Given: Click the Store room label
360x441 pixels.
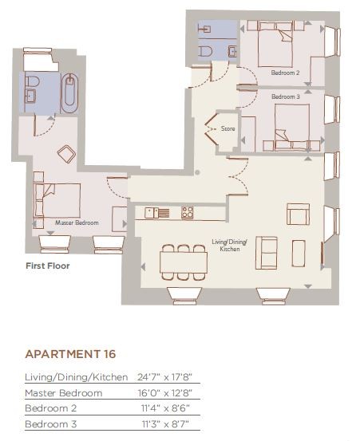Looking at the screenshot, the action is (x=227, y=128).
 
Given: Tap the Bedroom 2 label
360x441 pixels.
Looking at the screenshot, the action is (x=285, y=73).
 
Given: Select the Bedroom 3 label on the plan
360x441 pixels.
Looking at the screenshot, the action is (x=286, y=96).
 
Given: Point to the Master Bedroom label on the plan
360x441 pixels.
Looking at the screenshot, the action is (x=77, y=222).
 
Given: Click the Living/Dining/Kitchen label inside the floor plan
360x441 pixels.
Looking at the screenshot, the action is (x=230, y=246).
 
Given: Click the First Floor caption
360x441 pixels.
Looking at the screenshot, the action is (x=48, y=266).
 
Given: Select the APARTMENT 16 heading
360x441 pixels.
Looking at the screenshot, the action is (x=71, y=354).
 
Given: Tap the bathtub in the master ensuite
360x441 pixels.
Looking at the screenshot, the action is (x=69, y=93).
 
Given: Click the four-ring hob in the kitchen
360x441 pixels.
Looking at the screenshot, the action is (x=187, y=213).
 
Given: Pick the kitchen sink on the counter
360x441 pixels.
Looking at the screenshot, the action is (x=152, y=213).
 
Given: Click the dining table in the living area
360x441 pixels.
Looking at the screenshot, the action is (x=184, y=262).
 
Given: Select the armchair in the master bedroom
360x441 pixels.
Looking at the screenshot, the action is (x=66, y=154).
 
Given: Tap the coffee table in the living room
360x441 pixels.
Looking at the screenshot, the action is (x=299, y=253).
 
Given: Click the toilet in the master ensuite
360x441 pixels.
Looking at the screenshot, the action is (x=32, y=82).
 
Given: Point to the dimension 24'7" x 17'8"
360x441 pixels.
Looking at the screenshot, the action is (x=164, y=377).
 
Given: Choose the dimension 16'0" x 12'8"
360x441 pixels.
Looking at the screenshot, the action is (x=165, y=393).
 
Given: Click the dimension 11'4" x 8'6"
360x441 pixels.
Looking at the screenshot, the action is (x=165, y=408).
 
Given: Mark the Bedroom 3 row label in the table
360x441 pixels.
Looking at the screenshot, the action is (x=50, y=423).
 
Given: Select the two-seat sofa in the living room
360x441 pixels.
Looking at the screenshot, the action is (x=267, y=253).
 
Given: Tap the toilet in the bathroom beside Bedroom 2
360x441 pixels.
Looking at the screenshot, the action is (x=205, y=52).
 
